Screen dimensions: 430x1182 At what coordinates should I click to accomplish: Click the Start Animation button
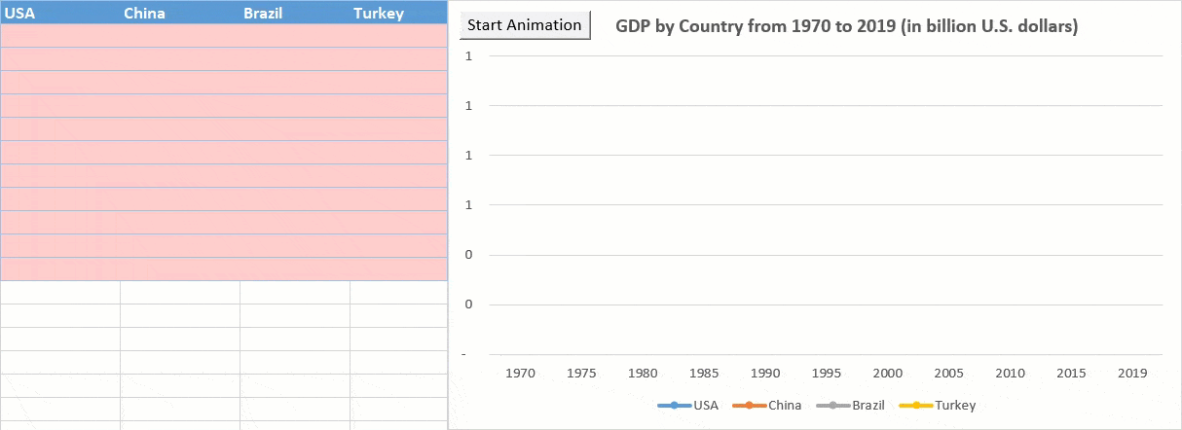[525, 25]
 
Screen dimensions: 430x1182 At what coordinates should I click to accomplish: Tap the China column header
[144, 14]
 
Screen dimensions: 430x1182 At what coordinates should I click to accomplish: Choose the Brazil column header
[263, 14]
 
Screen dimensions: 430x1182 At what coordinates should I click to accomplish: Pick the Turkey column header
[378, 14]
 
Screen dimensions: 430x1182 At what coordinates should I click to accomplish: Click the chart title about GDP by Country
[846, 26]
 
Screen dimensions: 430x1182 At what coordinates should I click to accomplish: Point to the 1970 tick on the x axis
[521, 373]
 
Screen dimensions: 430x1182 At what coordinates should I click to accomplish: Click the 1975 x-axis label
[582, 373]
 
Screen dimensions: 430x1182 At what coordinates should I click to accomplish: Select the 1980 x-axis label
[643, 373]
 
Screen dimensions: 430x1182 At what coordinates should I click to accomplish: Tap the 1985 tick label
[704, 373]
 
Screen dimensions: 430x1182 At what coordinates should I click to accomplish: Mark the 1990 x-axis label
[765, 373]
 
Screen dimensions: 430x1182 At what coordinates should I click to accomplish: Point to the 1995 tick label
[827, 373]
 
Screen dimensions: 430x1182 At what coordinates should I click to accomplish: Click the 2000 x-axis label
[888, 373]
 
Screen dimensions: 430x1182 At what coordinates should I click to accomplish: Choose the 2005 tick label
[948, 373]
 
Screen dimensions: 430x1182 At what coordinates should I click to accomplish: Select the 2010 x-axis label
[1010, 373]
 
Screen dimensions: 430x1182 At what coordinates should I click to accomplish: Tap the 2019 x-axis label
[1132, 373]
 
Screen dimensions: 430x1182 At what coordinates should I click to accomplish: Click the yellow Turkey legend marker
[915, 405]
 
